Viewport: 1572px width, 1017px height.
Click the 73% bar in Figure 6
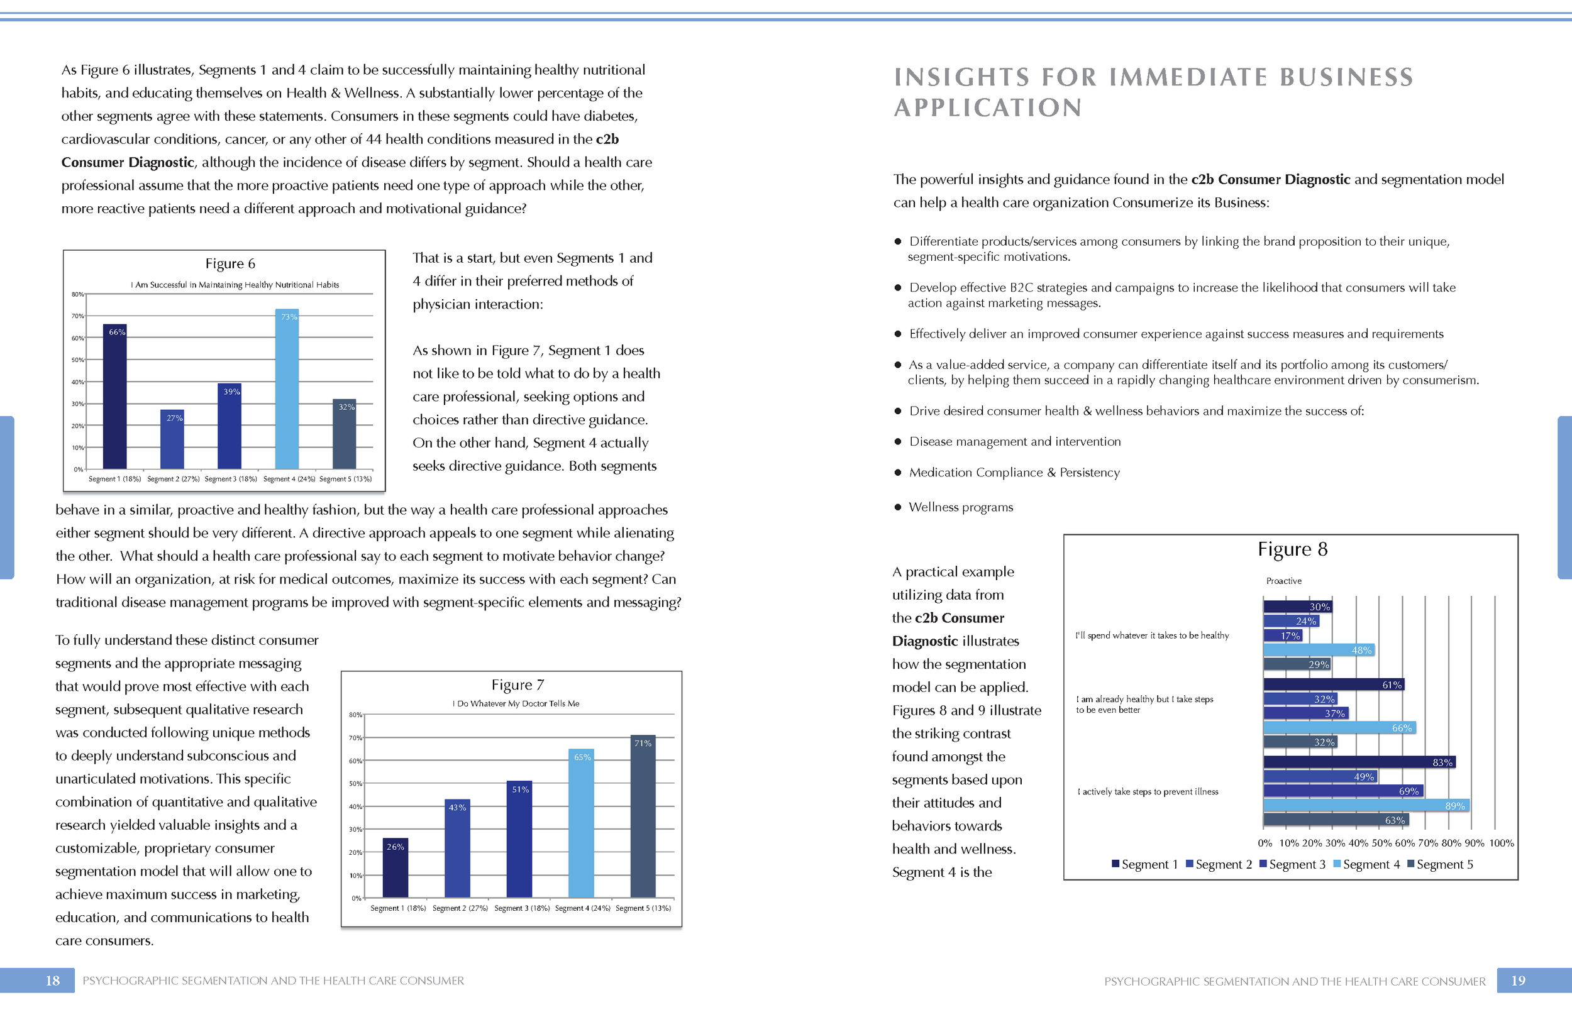click(x=287, y=390)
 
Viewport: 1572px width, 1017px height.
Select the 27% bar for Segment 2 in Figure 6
click(x=172, y=441)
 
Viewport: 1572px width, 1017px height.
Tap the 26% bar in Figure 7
click(x=395, y=868)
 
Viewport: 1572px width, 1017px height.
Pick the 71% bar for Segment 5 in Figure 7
click(x=643, y=816)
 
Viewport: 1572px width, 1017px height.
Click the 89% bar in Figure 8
click(x=1366, y=806)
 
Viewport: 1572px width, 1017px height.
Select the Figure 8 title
click(x=1292, y=549)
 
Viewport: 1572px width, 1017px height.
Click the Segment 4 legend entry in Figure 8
click(x=1366, y=864)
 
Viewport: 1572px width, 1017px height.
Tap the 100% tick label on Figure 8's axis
click(x=1502, y=844)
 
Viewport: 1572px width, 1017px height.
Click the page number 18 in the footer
click(x=52, y=981)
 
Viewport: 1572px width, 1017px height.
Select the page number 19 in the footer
click(x=1518, y=981)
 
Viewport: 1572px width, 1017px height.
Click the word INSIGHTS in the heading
click(x=961, y=77)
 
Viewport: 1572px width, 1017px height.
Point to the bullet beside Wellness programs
click(x=898, y=507)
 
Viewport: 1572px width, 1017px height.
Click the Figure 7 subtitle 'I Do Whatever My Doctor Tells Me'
click(x=516, y=704)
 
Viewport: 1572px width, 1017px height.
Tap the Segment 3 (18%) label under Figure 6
click(x=231, y=479)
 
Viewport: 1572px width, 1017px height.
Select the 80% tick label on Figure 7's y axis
click(x=355, y=715)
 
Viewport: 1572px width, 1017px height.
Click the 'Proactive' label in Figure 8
click(x=1283, y=581)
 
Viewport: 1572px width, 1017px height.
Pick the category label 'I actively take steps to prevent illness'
click(x=1148, y=792)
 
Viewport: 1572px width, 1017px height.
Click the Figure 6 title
click(x=230, y=264)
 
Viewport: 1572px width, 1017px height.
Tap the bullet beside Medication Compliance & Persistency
click(x=898, y=473)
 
